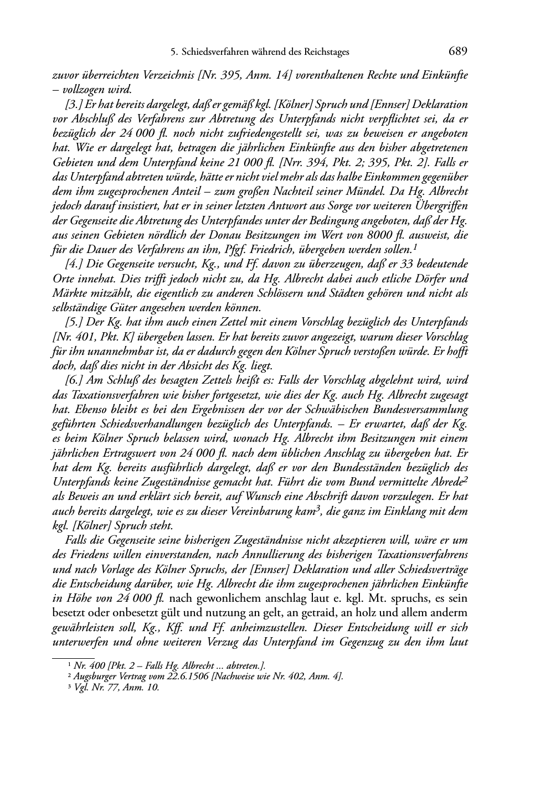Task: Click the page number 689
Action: tap(458, 52)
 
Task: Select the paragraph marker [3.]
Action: tap(74, 105)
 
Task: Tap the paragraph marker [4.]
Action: tap(74, 264)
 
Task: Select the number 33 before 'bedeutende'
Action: tap(405, 264)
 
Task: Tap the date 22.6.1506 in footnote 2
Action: tap(181, 675)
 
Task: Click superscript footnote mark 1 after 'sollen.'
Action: tap(415, 246)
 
